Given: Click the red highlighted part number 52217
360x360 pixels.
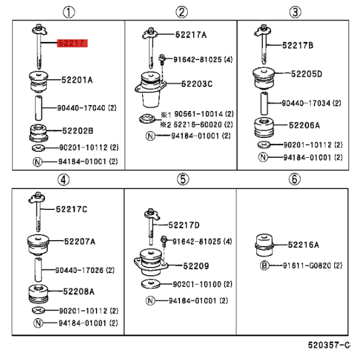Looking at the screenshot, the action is point(73,43).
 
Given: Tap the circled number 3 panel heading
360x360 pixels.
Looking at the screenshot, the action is point(295,12).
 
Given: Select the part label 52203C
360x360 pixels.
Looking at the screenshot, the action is point(197,84).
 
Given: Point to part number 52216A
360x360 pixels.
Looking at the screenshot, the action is point(303,245).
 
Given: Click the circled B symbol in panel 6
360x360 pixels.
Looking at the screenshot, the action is point(264,266).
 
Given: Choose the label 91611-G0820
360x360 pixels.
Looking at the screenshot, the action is point(307,266).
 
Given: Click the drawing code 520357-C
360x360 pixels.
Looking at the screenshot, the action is point(329,345).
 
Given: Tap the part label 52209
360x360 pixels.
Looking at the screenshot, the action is point(196,266).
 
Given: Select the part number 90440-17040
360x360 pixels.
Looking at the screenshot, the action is point(81,108).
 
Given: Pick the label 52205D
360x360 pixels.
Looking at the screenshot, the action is point(307,74).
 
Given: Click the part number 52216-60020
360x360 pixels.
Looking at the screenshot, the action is point(197,125).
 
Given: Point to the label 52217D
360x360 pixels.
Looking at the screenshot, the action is point(184,225).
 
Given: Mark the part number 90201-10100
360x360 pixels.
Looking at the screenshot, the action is point(197,284).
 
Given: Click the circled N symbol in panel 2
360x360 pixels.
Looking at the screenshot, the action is point(151,136).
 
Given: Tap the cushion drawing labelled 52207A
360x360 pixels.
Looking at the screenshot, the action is point(38,245).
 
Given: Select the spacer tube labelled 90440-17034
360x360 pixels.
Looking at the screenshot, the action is point(264,103).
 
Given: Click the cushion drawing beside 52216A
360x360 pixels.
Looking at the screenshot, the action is point(264,245).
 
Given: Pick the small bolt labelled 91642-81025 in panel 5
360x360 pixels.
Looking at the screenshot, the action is point(164,241).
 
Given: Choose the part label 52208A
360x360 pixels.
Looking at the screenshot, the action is point(79,292).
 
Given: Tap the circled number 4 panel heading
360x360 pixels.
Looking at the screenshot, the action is point(64,179).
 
